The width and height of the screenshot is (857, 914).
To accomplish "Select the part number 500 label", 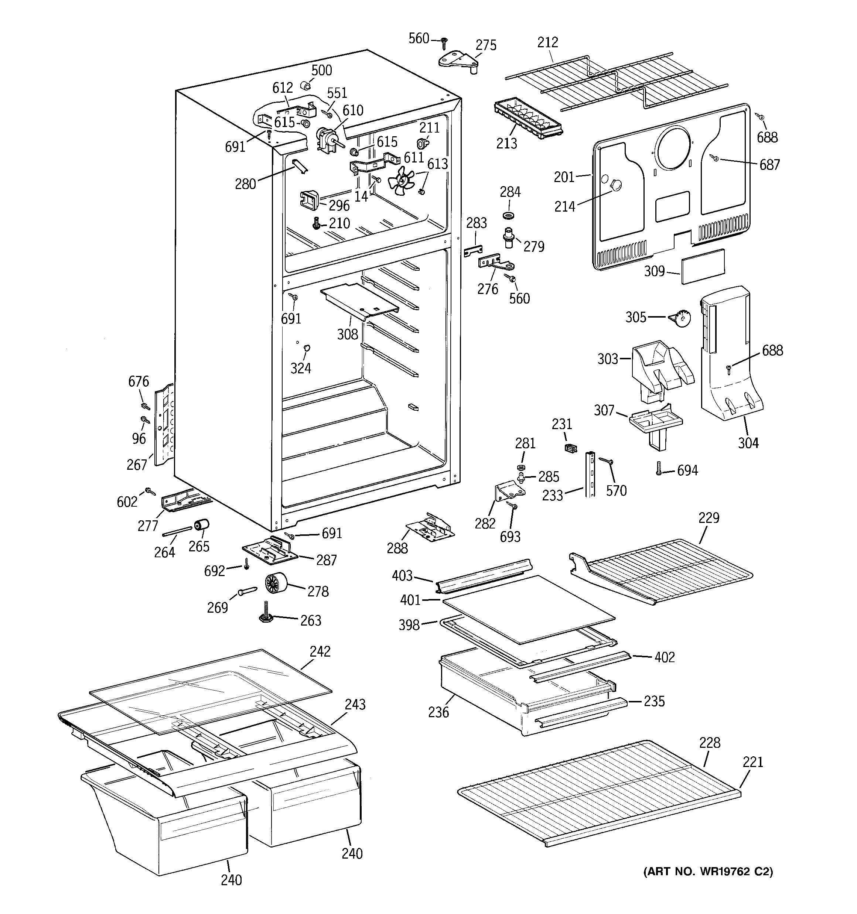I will pos(321,70).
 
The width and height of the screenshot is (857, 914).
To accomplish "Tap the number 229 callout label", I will pos(709,518).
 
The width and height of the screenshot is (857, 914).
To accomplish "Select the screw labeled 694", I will pos(658,469).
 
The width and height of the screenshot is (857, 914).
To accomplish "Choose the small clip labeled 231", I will pos(570,448).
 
